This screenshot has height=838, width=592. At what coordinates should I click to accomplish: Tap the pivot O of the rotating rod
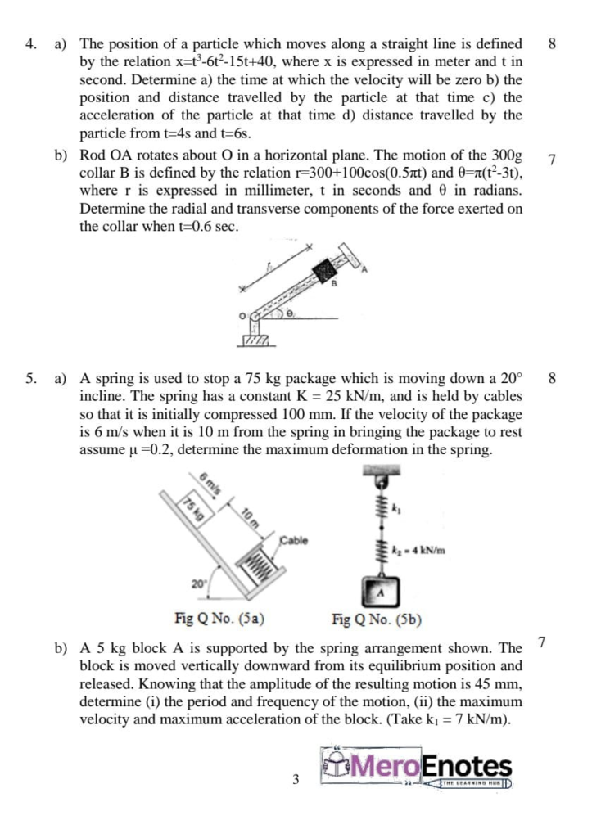(256, 313)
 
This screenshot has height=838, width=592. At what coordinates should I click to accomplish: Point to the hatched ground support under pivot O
(256, 338)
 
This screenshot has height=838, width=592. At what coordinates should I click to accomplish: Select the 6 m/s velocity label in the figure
(210, 483)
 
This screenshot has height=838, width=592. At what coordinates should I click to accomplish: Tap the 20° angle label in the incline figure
(198, 583)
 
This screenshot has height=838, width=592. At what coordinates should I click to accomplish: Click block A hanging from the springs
(379, 588)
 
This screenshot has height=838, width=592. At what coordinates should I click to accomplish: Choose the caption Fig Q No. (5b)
(376, 619)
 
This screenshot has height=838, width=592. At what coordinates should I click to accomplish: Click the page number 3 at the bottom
(296, 779)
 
